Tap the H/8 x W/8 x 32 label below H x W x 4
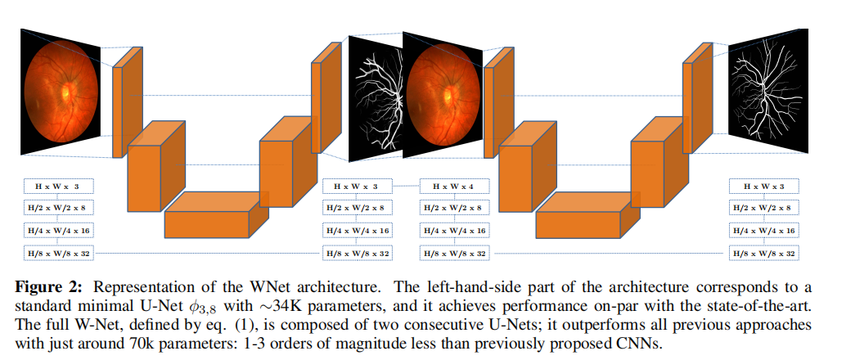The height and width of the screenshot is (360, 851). coord(453,254)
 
